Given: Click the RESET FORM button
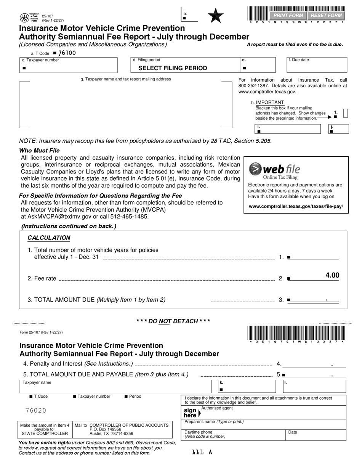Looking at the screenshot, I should click(x=326, y=16).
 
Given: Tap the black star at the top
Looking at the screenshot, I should click(x=216, y=16).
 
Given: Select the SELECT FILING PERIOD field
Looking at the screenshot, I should click(x=173, y=68).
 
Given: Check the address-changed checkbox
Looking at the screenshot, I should click(x=346, y=113).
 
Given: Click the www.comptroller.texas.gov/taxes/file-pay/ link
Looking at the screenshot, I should click(x=296, y=207).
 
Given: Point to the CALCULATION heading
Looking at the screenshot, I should click(x=49, y=238).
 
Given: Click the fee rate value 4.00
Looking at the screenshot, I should click(x=332, y=275).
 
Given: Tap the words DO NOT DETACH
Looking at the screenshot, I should click(x=173, y=321).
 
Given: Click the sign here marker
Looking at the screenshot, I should click(x=192, y=413).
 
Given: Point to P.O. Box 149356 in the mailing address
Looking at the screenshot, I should click(x=105, y=429).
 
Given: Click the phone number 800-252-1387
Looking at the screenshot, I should click(x=254, y=86).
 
